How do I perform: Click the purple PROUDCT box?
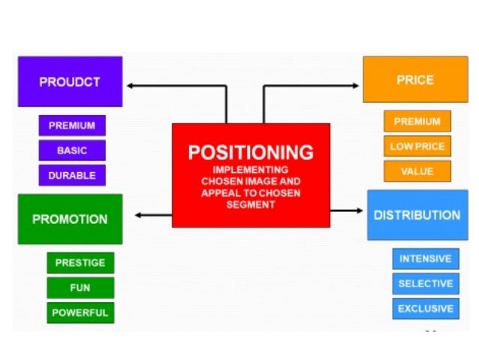(x=70, y=81)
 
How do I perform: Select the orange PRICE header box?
(x=414, y=79)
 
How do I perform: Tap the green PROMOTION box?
(x=70, y=219)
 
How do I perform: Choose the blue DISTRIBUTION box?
(x=417, y=215)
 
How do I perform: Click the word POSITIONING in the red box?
(x=251, y=153)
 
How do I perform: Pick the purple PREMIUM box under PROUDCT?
(x=72, y=126)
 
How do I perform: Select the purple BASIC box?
(x=72, y=150)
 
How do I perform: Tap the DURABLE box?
(x=72, y=175)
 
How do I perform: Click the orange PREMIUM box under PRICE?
(x=417, y=122)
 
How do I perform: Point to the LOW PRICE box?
(x=417, y=147)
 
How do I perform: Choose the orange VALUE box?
(x=417, y=171)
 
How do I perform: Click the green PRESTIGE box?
(x=80, y=263)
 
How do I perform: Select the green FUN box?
(x=80, y=288)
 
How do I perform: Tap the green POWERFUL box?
(x=80, y=312)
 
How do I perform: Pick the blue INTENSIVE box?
(x=425, y=259)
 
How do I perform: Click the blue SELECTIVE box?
(x=425, y=283)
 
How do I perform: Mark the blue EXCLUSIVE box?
(x=425, y=308)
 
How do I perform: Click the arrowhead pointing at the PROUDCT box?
(x=130, y=86)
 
